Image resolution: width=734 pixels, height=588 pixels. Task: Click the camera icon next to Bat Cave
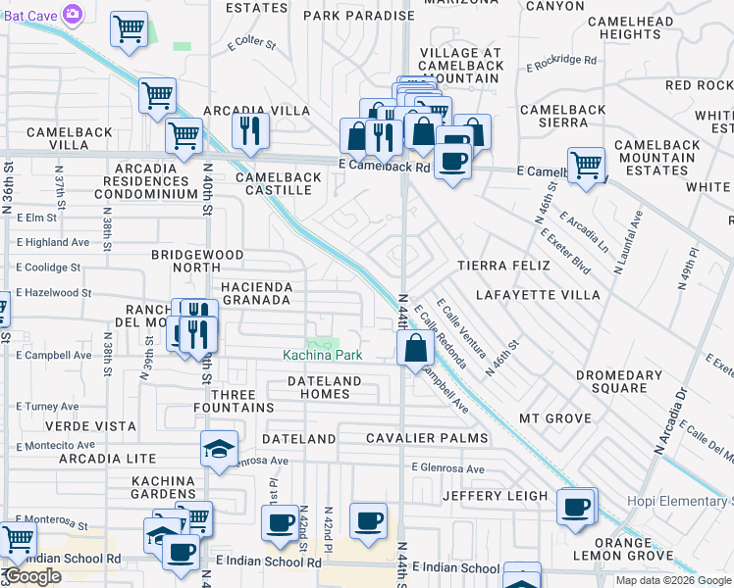coord(72,14)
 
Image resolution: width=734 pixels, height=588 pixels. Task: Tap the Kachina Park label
coord(323,354)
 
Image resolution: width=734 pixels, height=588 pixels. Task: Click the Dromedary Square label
coord(619,382)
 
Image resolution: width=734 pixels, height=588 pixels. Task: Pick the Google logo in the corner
coord(33,576)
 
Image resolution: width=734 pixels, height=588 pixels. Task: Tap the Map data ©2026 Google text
coord(674,580)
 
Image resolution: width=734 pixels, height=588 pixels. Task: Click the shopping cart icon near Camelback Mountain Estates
coord(586,164)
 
